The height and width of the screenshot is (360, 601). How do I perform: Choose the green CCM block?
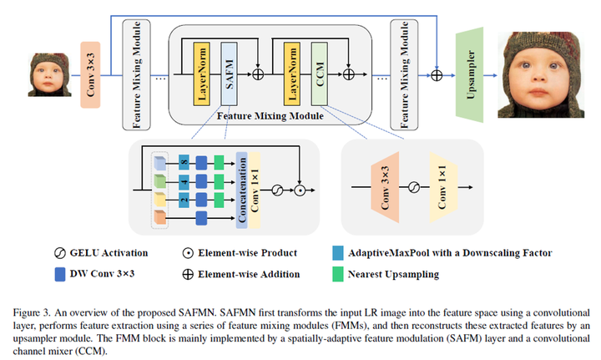coord(321,75)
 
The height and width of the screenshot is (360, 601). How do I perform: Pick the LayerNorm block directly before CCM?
coord(293,75)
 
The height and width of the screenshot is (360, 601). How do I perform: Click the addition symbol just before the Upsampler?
coord(436,74)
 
